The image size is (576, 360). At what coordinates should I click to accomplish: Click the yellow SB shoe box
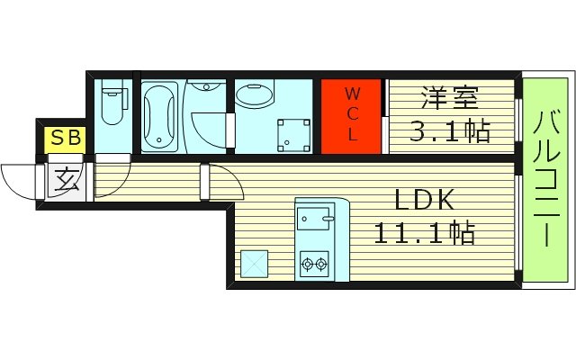point(65,139)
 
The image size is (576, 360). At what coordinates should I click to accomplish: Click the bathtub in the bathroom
point(160,115)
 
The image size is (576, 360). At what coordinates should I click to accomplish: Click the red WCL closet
point(353,115)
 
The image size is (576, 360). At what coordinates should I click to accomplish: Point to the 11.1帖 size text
point(425,233)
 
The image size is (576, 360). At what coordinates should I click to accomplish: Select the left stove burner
point(307,264)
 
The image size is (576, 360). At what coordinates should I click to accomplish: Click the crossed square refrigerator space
point(254,264)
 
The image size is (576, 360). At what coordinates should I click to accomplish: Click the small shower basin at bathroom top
point(206,87)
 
